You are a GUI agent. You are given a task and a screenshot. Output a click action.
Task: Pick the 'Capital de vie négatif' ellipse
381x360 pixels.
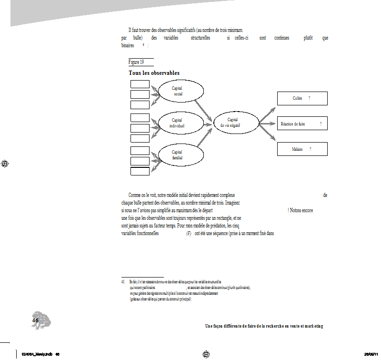tap(236, 123)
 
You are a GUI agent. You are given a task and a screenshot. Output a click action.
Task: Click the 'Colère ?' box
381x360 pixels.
tap(302, 98)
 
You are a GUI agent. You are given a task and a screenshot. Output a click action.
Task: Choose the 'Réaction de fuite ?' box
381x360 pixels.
tap(302, 123)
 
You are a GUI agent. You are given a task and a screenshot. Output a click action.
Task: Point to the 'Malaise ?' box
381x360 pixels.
tap(302, 149)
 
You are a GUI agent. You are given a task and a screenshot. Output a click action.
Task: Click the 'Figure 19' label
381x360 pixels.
tap(136, 62)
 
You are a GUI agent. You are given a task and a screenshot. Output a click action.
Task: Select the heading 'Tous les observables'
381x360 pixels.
tap(154, 73)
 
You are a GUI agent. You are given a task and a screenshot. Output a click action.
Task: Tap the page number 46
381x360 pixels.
tap(35, 321)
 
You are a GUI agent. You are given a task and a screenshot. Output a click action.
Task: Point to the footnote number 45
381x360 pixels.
tap(123, 282)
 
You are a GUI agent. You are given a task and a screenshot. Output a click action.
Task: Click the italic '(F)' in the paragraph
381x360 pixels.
tap(189, 233)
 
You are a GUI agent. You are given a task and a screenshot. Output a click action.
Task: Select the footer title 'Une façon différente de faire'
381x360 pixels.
tap(264, 326)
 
